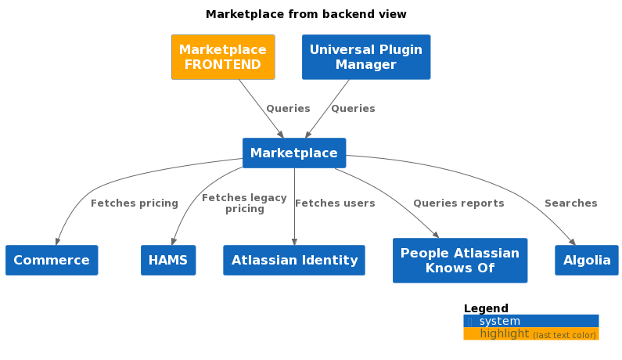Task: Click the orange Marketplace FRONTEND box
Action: coord(223,57)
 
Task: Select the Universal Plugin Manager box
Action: coord(366,57)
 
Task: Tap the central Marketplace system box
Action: coord(294,153)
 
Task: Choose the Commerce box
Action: coord(52,260)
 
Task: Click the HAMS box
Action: coord(168,260)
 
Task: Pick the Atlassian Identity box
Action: coord(294,260)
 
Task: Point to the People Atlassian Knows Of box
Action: coord(460,261)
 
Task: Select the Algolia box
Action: coord(587,260)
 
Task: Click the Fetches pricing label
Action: coord(135,203)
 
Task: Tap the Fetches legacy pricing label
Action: coord(244,203)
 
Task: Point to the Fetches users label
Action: coord(335,203)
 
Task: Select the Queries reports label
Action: coord(458,203)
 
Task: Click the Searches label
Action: coord(571,203)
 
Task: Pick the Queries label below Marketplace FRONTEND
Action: coord(288,108)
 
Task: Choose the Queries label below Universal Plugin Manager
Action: coord(353,108)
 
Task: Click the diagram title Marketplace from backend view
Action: coord(306,14)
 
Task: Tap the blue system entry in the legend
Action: coord(531,321)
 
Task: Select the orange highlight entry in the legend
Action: coord(531,334)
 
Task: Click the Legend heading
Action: coord(486,308)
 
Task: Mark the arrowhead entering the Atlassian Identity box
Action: coord(294,242)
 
